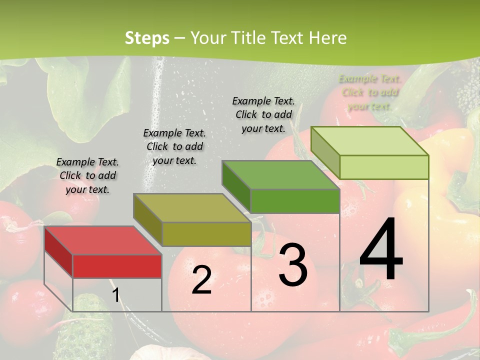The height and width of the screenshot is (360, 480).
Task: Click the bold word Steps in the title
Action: point(147,38)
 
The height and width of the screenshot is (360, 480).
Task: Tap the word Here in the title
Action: point(328,38)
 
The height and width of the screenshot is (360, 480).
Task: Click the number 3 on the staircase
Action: point(293,265)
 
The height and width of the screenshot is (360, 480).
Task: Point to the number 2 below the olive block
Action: point(201,280)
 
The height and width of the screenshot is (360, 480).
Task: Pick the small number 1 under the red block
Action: point(115,295)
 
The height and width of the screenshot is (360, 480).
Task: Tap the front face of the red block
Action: point(117,266)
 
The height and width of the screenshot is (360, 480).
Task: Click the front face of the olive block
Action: point(206,234)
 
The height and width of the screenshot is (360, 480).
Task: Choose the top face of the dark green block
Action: point(280,175)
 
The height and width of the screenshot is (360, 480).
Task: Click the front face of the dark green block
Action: point(295,201)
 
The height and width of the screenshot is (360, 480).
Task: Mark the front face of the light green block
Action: point(384,167)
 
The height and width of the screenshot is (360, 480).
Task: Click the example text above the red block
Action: point(87,175)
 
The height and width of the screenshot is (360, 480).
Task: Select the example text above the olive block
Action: point(174,146)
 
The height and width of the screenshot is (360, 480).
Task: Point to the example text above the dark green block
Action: point(263,114)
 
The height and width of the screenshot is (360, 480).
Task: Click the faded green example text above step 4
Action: point(369,92)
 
